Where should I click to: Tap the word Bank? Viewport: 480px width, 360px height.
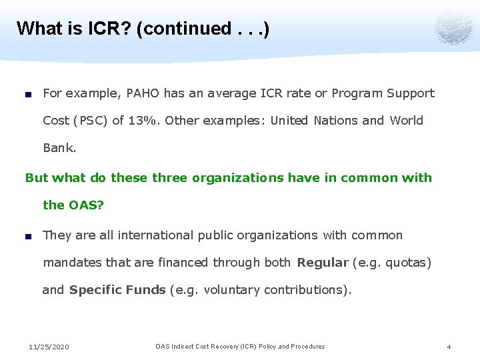(x=59, y=148)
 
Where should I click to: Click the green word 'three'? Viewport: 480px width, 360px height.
(x=171, y=178)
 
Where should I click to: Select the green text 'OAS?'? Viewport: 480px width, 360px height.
(x=87, y=205)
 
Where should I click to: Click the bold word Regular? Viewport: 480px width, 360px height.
(x=323, y=263)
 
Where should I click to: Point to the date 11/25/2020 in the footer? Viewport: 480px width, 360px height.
(x=49, y=347)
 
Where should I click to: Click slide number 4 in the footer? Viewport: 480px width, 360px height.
(x=449, y=347)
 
